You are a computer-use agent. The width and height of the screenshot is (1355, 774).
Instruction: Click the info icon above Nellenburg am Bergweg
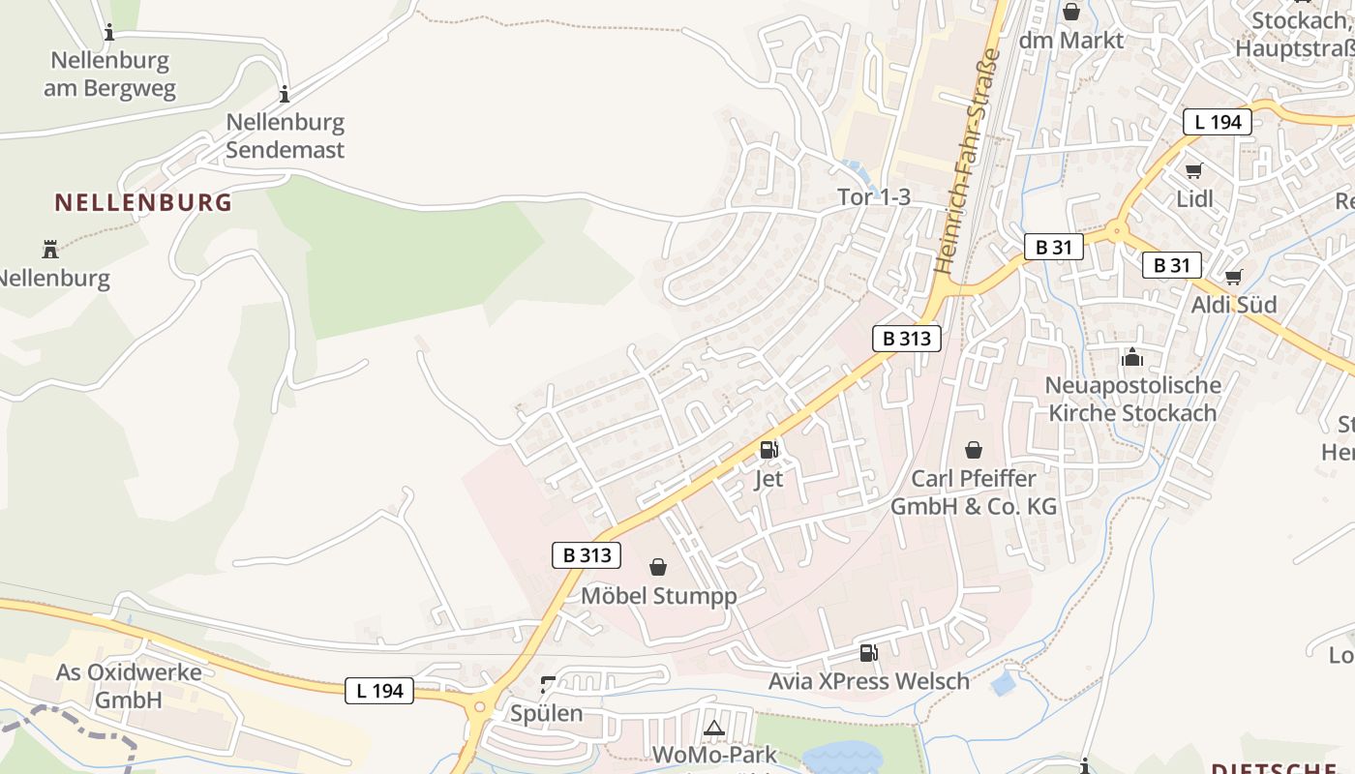click(109, 33)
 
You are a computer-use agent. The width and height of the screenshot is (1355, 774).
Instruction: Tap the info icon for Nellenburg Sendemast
click(285, 94)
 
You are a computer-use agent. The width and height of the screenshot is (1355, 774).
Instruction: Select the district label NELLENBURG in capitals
click(143, 202)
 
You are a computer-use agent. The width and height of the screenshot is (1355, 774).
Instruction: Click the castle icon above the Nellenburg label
click(50, 250)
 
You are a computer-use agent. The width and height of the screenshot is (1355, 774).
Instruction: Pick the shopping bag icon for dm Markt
click(1071, 12)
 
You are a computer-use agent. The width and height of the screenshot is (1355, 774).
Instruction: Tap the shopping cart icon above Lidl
click(1194, 170)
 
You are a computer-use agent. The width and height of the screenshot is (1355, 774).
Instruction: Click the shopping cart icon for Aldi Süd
click(1234, 278)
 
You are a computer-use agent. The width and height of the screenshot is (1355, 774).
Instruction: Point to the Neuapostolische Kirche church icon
click(1132, 358)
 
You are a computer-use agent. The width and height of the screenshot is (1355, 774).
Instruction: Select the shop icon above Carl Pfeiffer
click(974, 450)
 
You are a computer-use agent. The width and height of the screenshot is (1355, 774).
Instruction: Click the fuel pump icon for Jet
click(769, 449)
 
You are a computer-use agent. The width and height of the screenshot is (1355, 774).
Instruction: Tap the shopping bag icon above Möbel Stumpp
click(658, 567)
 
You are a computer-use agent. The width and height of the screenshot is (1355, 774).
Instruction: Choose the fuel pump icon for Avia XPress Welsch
click(869, 653)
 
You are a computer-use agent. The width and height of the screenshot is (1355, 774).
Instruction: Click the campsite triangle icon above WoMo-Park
click(714, 728)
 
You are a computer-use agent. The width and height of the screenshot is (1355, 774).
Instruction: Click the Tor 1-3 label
click(874, 197)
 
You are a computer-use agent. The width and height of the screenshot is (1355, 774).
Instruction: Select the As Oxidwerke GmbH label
click(129, 686)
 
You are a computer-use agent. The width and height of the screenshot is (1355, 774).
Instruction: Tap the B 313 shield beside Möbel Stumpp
click(587, 555)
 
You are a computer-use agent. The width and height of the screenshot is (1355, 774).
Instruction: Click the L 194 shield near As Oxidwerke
click(379, 691)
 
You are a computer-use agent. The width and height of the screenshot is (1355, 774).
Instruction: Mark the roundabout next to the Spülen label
click(480, 707)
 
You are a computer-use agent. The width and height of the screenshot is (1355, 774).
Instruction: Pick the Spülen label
click(547, 714)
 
